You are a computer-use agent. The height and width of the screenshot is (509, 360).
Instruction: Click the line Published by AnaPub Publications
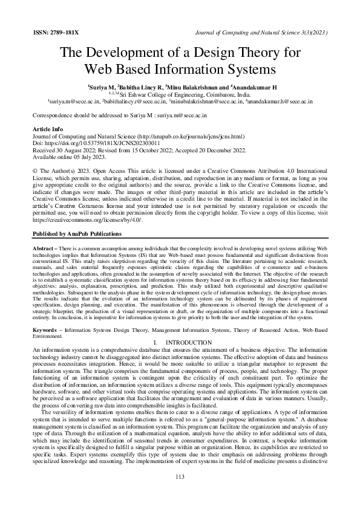[76, 234]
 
